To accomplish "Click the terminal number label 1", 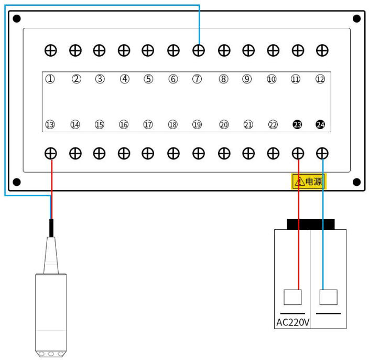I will pos(50,79).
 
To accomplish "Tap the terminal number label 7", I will pos(198,79).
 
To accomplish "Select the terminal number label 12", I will pos(320,79).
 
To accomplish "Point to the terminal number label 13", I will pos(50,125).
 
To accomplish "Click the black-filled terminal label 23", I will pos(297,125).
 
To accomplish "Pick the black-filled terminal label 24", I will pos(320,125).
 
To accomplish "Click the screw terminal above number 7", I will pos(198,50).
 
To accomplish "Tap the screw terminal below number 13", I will pos(50,153).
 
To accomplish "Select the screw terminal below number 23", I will pos(298,153).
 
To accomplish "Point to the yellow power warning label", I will pos(308,182).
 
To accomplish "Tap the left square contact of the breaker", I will pos(292,298).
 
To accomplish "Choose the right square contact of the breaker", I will pos(328,298).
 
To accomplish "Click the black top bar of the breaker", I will pos(310,224).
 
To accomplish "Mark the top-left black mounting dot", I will pos(17,19).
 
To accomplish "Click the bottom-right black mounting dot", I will pos(357,182).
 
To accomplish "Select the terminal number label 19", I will pos(197,125).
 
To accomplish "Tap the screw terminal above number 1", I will pos(50,50).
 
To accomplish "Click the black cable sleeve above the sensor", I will pos(51,228).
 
